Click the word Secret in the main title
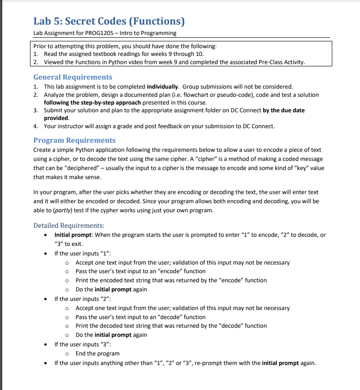click(x=88, y=21)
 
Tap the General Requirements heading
click(x=73, y=77)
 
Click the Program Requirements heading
click(x=75, y=140)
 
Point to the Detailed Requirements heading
click(x=69, y=225)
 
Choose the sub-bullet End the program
click(x=97, y=353)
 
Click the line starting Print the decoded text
click(x=171, y=325)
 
